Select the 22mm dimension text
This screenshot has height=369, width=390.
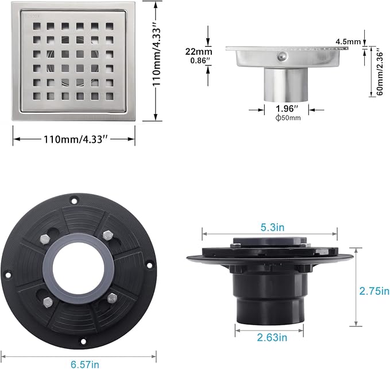(199, 52)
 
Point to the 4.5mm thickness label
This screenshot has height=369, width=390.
(348, 41)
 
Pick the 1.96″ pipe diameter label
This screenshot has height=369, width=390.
(287, 109)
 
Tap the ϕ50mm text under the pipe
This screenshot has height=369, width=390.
(288, 117)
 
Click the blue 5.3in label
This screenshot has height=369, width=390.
(272, 227)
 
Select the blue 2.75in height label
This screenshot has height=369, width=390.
(374, 291)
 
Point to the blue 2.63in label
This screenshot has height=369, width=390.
(272, 337)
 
